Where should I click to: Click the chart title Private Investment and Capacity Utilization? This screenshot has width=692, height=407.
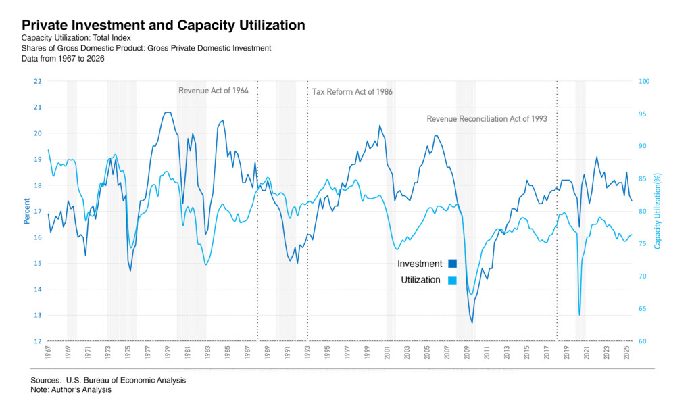point(163,26)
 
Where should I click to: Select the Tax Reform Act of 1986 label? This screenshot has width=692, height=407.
point(352,91)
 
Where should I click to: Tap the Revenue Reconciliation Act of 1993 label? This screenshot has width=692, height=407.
point(487,118)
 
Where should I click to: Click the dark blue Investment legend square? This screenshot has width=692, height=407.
point(452,264)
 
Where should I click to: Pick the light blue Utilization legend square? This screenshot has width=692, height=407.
point(452,280)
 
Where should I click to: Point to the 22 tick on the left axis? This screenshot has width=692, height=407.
point(37,81)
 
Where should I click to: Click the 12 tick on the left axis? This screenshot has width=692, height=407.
point(37,341)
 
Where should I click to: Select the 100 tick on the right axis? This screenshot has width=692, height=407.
point(644,81)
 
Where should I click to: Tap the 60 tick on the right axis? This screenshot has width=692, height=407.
point(643,341)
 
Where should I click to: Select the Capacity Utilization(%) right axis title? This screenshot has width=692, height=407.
point(658,210)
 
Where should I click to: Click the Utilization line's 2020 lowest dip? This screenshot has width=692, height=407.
point(579,314)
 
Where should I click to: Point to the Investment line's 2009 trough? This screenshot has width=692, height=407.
point(472,322)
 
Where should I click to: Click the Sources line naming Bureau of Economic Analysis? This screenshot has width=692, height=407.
point(108,380)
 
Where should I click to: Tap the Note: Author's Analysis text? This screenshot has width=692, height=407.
point(71,389)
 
